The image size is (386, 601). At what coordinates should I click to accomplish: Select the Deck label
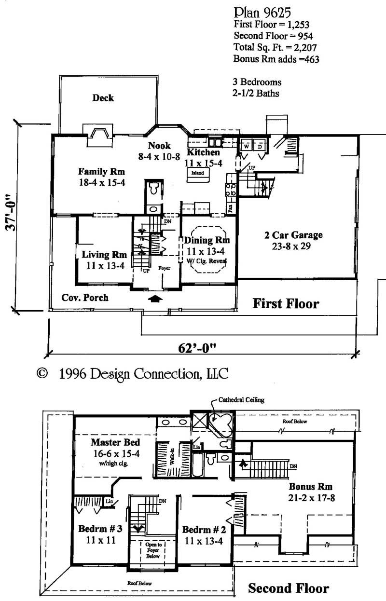[103, 98]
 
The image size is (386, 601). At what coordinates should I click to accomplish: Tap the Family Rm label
[102, 171]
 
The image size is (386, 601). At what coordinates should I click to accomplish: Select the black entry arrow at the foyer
[154, 299]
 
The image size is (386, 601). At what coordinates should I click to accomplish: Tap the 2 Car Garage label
[293, 235]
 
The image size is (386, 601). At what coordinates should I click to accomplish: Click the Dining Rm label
[207, 240]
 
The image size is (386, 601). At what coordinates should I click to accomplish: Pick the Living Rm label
[104, 254]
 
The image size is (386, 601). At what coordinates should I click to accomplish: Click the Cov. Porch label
[85, 298]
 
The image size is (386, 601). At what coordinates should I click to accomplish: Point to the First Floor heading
[286, 304]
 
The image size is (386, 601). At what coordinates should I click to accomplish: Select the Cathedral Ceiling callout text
[241, 400]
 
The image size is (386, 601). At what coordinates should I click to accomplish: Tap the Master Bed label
[116, 442]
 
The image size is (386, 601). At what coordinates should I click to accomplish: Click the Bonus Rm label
[311, 486]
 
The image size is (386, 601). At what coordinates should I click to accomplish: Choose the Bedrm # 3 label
[100, 529]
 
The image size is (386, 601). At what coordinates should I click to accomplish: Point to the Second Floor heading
[288, 588]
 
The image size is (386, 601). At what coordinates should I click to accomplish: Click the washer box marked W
[246, 146]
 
